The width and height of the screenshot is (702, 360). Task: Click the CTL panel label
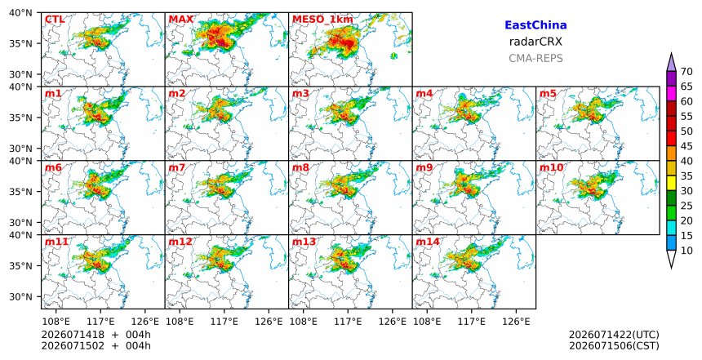click(x=55, y=20)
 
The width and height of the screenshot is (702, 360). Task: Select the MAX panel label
click(x=181, y=20)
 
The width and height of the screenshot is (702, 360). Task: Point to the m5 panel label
click(x=548, y=94)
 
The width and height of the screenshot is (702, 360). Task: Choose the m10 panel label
click(x=552, y=167)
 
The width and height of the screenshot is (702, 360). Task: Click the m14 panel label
click(x=428, y=242)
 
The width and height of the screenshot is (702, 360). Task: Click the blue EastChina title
click(x=535, y=25)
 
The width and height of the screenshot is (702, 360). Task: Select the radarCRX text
click(x=535, y=42)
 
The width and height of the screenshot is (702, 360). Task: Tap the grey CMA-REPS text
click(x=535, y=58)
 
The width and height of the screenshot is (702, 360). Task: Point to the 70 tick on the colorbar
click(x=686, y=72)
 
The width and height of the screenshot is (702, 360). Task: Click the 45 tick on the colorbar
click(x=686, y=146)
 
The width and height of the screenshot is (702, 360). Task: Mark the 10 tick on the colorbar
click(x=686, y=251)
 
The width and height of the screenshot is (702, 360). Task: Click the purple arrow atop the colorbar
click(x=671, y=63)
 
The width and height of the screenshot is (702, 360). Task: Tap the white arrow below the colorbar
click(x=671, y=258)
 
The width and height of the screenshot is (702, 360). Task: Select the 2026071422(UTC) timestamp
click(x=614, y=335)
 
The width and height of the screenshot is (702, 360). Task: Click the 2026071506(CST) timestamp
click(x=614, y=345)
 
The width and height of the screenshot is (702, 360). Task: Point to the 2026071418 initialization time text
click(x=67, y=335)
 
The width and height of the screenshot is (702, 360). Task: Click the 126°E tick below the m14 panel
click(x=516, y=322)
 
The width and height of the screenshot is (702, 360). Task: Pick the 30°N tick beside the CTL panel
click(x=20, y=74)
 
